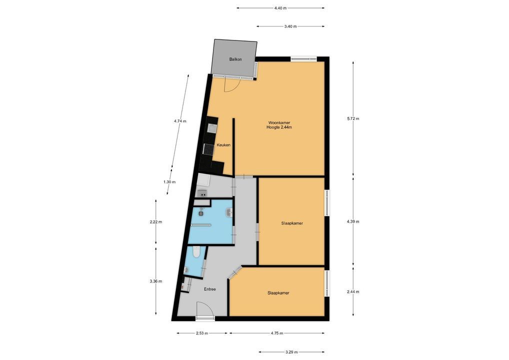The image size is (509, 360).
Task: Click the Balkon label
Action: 235,59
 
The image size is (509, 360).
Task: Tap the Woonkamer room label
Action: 279,122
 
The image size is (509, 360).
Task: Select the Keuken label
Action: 223,145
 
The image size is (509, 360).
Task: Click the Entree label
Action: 209,289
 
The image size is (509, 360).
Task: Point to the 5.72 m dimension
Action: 353,119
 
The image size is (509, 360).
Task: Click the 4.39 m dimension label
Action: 353,221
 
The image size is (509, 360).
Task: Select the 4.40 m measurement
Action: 280,8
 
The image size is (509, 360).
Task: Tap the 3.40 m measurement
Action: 290,26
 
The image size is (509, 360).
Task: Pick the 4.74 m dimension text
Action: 180,121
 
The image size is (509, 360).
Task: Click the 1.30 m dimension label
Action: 169,182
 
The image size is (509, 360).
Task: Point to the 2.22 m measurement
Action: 156,222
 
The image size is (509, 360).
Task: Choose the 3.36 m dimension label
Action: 156,281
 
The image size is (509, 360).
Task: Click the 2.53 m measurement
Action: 201,333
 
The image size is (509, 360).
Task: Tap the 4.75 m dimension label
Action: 277,333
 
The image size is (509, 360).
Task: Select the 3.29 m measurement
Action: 291,352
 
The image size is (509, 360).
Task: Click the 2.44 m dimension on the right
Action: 353,292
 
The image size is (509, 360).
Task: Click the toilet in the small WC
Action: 196,252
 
